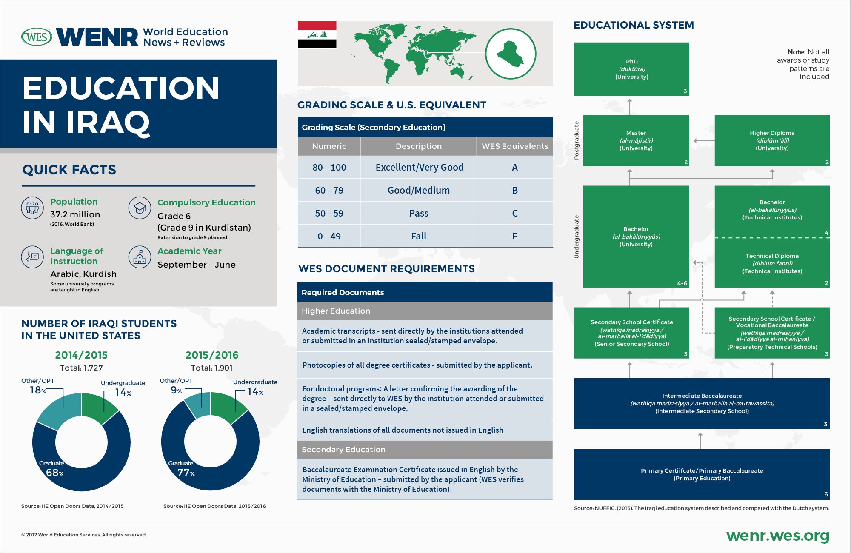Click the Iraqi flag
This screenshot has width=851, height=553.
click(317, 34)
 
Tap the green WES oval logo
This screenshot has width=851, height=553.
click(37, 37)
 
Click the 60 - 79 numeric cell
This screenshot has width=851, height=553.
click(329, 190)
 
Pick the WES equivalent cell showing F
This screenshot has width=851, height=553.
click(514, 236)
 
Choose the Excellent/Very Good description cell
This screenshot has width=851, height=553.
click(419, 167)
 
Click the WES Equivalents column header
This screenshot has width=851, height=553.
click(514, 146)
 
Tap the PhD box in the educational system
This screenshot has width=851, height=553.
click(631, 69)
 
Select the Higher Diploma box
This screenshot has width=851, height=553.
click(772, 140)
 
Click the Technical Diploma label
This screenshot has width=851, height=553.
click(772, 256)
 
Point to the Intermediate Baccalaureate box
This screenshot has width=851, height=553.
click(702, 403)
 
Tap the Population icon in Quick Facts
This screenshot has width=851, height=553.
click(32, 208)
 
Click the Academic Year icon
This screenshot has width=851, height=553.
click(140, 257)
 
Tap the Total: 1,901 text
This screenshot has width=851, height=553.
click(211, 368)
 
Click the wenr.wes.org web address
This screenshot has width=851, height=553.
click(777, 536)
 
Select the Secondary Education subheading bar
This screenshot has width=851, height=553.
click(425, 450)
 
